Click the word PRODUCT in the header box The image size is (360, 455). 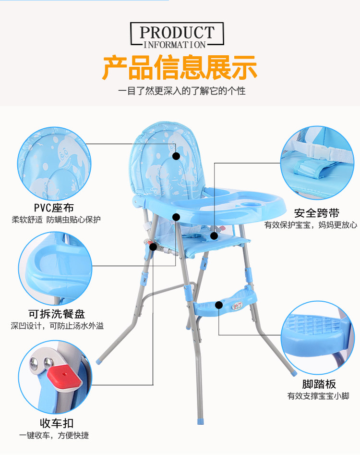(x=177, y=33)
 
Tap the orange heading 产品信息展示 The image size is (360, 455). (x=180, y=67)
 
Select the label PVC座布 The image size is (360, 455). (x=54, y=208)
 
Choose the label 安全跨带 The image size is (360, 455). (x=317, y=213)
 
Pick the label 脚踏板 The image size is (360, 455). (x=319, y=384)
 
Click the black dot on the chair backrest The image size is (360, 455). (x=176, y=156)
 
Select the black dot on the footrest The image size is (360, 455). (x=219, y=304)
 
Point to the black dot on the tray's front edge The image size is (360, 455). (x=176, y=217)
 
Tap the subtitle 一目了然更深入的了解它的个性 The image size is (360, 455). (x=182, y=91)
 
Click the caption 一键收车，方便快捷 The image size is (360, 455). (x=54, y=436)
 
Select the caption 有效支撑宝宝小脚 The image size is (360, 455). (x=318, y=396)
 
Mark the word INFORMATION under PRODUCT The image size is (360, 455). (x=175, y=45)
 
